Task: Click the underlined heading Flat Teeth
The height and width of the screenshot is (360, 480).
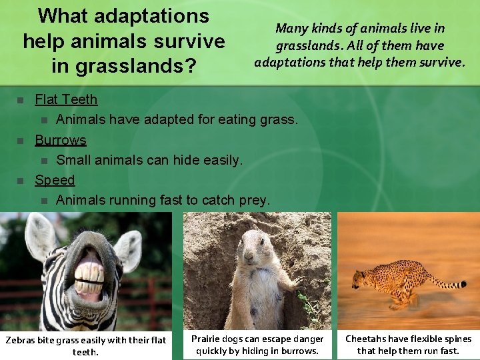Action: coord(66,100)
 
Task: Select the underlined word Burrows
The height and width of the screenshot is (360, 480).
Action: coord(61,140)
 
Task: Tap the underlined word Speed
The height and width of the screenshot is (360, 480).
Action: coord(55,180)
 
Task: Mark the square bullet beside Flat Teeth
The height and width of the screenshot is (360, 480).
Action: coord(19,101)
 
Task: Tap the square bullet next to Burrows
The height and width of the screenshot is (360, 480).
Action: coord(19,141)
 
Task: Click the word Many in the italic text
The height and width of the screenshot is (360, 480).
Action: coord(291,29)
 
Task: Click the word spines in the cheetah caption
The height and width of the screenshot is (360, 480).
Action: coord(455,339)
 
